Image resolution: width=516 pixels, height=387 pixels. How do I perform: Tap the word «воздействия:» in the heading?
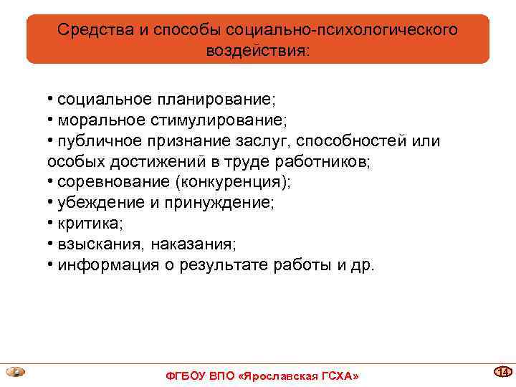257,51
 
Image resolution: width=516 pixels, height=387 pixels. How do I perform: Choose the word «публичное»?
98,141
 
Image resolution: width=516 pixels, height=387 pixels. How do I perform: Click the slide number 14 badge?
503,371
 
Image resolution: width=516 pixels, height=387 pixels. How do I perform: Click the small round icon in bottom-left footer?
15,372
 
